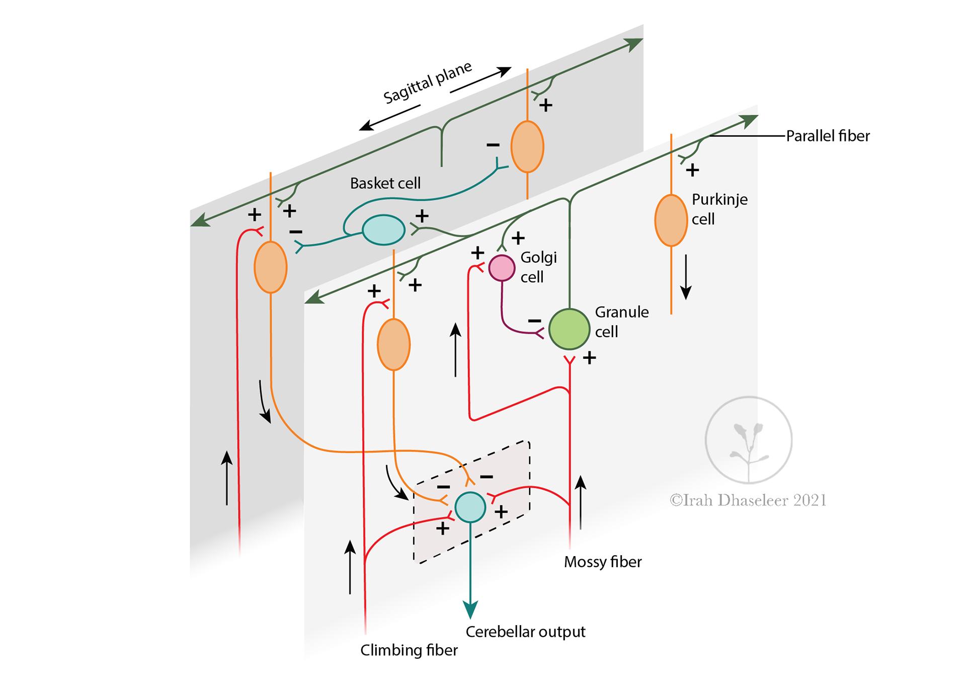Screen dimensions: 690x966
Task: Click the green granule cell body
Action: click(x=569, y=329)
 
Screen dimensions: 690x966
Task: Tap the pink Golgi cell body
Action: click(x=502, y=268)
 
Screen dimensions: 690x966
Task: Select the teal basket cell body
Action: click(x=383, y=229)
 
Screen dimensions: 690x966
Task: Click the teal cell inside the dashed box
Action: click(x=470, y=507)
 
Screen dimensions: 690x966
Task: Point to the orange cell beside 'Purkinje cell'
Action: click(x=671, y=220)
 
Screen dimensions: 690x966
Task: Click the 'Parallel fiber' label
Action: click(x=828, y=136)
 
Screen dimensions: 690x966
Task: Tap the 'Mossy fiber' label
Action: click(x=603, y=562)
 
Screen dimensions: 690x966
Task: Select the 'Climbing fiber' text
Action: click(x=409, y=650)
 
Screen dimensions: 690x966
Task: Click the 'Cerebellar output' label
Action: click(x=525, y=632)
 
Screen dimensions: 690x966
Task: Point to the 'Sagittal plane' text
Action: click(x=428, y=83)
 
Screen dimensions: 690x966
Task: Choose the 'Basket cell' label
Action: click(x=385, y=183)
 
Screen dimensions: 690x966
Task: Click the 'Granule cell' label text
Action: click(x=621, y=322)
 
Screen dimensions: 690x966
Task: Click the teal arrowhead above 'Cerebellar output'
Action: click(x=470, y=609)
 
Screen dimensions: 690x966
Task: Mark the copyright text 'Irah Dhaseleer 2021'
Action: click(x=748, y=500)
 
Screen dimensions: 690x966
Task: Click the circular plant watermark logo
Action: click(x=748, y=440)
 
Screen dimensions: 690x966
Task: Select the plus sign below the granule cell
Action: click(x=589, y=358)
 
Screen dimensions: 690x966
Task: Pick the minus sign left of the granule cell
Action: click(x=534, y=321)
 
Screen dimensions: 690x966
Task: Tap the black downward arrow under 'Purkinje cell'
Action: click(x=686, y=277)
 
